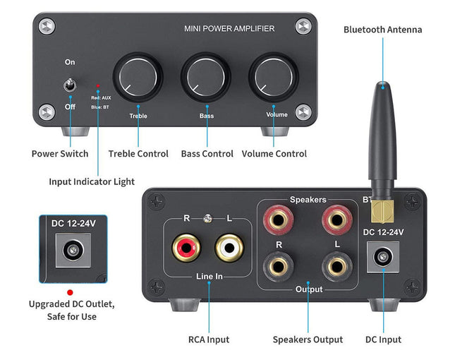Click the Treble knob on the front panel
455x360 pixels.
(138, 74)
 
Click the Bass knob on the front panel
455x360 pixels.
(205, 74)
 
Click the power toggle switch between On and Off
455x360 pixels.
(69, 86)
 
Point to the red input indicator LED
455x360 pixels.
(97, 85)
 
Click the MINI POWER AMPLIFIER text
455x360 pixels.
(229, 29)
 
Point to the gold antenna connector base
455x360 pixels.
(382, 210)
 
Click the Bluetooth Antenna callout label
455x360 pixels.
(382, 29)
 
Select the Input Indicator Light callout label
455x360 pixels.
(92, 181)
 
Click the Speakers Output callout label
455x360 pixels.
(308, 340)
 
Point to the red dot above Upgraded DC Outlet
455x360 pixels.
(69, 291)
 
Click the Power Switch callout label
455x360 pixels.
(60, 153)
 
